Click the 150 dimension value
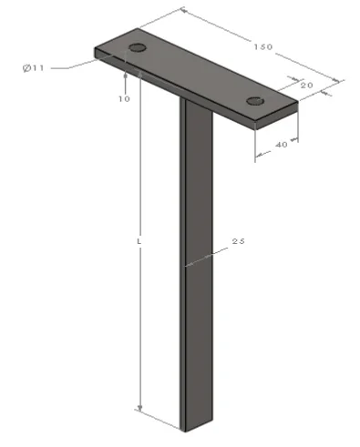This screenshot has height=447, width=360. click(263, 46)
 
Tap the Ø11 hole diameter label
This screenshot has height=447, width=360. click(34, 68)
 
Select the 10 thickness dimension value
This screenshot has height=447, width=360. click(124, 99)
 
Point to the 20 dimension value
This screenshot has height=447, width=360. click(306, 86)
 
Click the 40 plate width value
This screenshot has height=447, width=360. click(282, 145)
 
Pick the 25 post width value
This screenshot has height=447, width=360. click(238, 241)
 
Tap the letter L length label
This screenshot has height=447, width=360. click(139, 242)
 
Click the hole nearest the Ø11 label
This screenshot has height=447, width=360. click(138, 47)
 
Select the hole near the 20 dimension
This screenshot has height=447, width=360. click(254, 101)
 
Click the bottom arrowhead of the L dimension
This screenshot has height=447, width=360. click(139, 409)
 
